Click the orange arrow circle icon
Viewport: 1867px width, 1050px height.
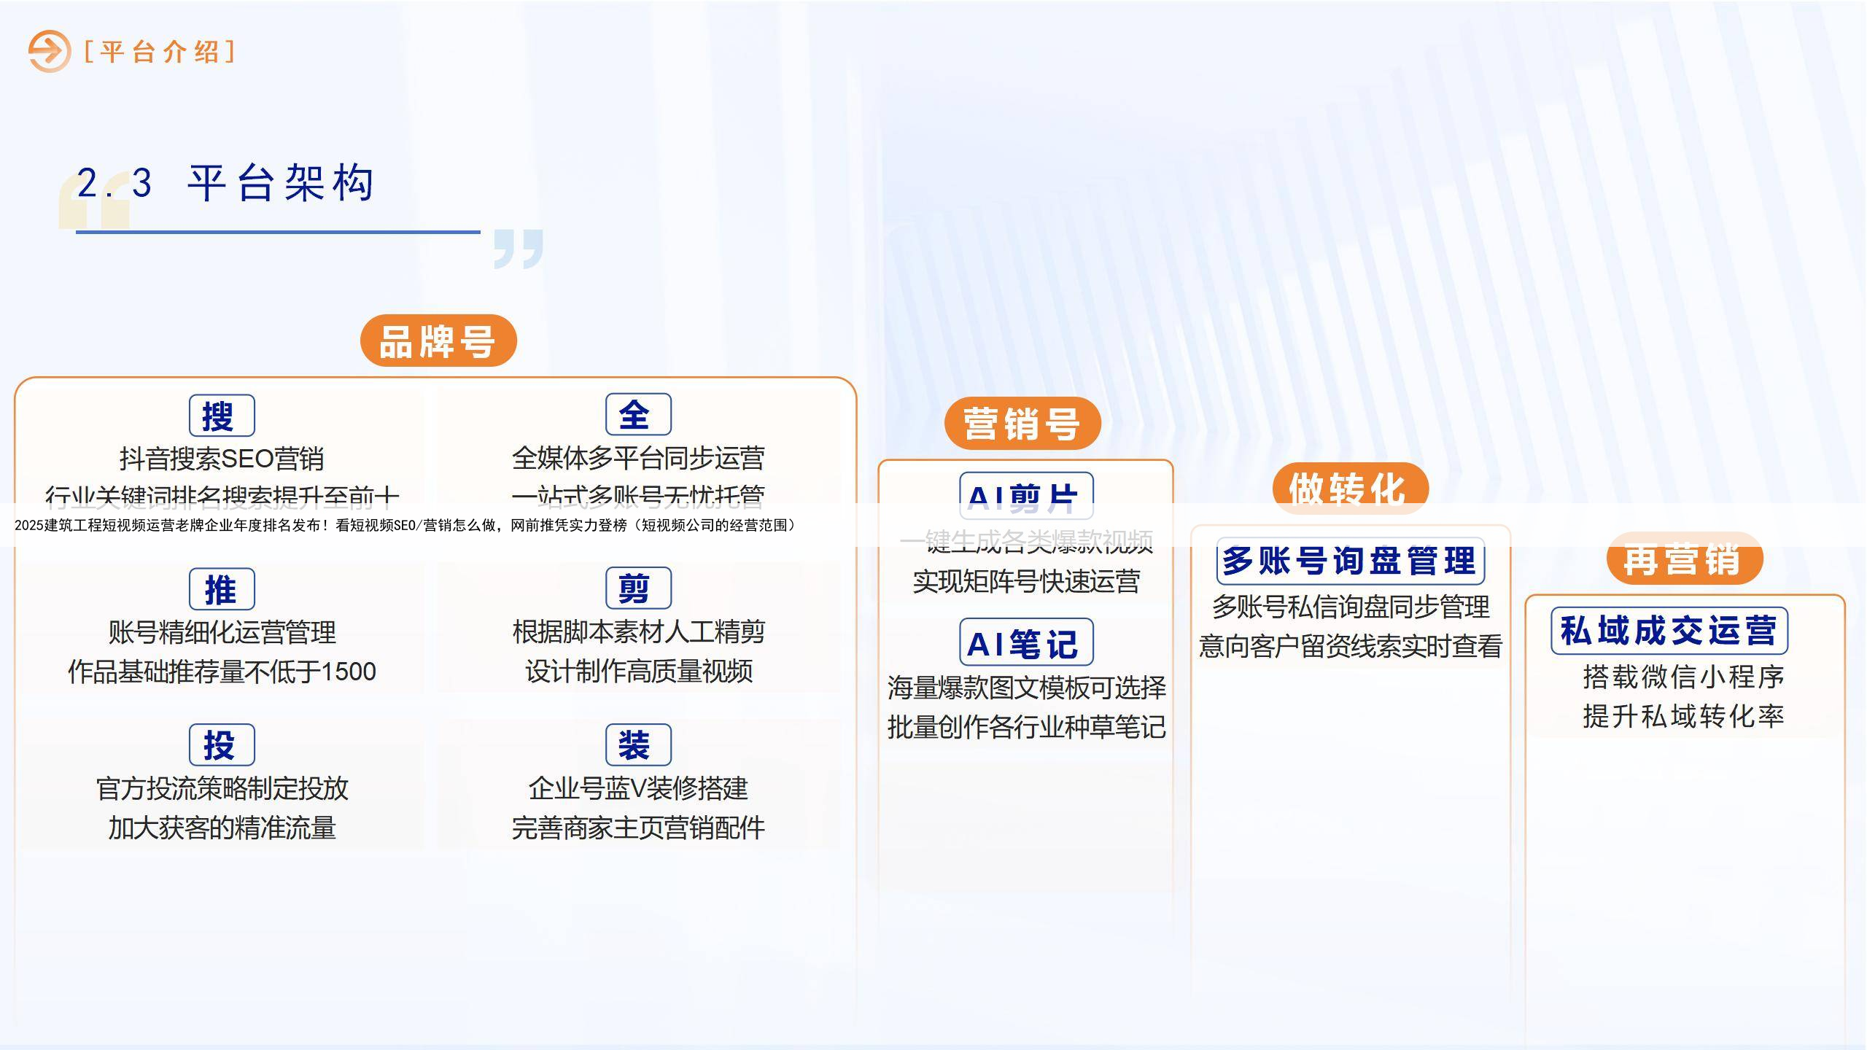[49, 51]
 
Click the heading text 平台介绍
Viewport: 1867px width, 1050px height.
[160, 52]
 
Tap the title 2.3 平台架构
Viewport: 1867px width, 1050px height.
[226, 183]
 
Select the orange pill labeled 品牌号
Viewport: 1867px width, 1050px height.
[438, 341]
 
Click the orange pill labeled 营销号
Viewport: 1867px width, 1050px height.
[1022, 424]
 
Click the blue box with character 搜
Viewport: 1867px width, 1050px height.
[222, 416]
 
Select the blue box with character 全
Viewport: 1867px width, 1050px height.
[638, 414]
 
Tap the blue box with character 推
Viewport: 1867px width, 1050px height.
[222, 589]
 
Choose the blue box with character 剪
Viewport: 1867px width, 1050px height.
[638, 588]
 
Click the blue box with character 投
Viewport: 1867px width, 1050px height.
[222, 744]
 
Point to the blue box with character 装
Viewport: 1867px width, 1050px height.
[638, 744]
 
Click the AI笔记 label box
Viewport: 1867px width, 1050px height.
[1025, 642]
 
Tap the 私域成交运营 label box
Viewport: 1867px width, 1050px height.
[1669, 631]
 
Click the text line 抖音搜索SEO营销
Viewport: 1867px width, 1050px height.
[222, 459]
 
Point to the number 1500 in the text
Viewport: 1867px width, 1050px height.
[348, 672]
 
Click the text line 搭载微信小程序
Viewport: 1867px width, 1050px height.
[1683, 677]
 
